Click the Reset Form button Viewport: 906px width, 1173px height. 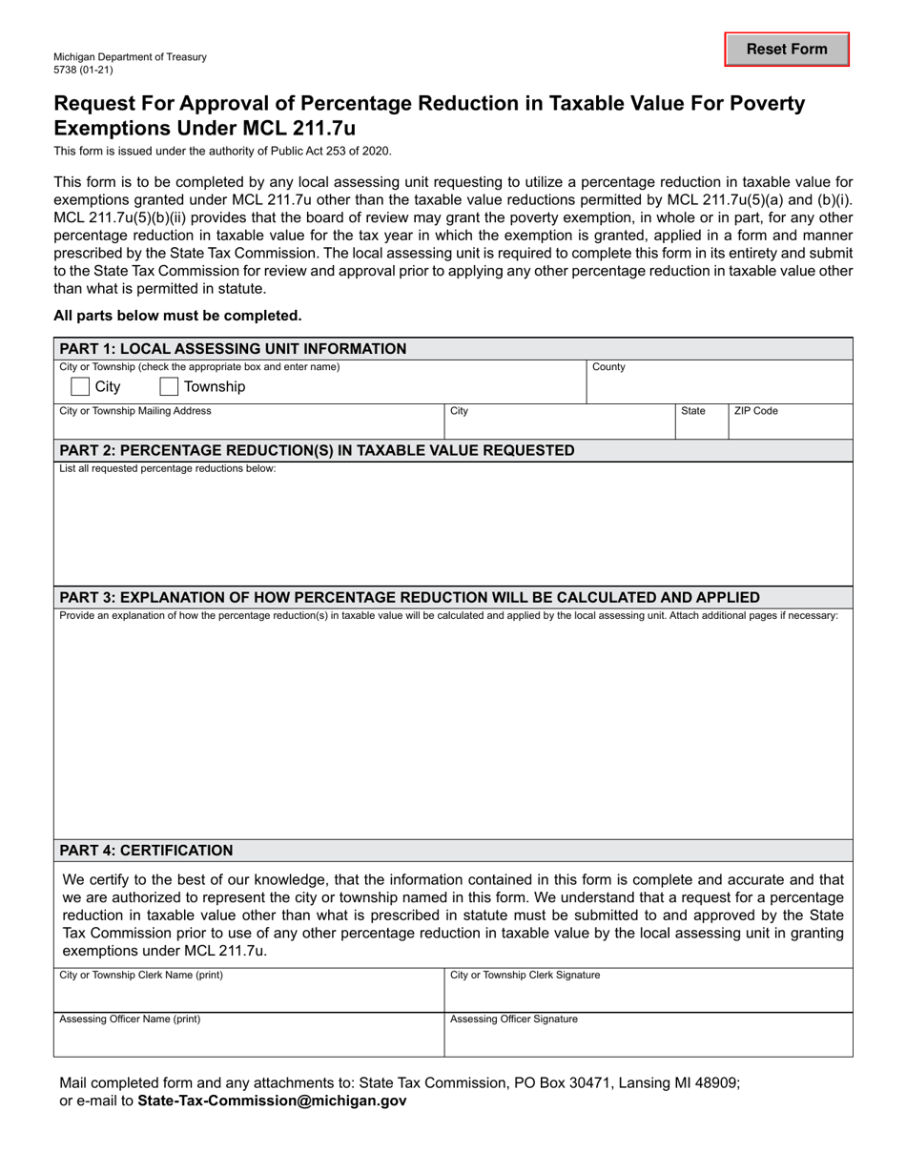[x=787, y=50]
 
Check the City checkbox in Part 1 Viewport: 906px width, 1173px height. [x=81, y=386]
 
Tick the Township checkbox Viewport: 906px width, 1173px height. [x=169, y=386]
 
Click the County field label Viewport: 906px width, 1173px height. [x=608, y=366]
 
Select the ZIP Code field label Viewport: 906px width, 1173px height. [x=755, y=411]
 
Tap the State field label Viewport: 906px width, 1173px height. [x=692, y=411]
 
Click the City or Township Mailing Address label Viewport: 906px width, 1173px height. [x=135, y=411]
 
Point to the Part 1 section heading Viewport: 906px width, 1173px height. [x=233, y=348]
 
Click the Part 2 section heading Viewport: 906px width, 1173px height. [x=317, y=450]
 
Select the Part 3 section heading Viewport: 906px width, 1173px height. [x=409, y=598]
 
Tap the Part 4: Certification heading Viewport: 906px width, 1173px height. [x=146, y=850]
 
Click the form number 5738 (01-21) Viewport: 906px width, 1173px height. [x=86, y=70]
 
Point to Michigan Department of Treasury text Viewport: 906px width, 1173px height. [x=130, y=57]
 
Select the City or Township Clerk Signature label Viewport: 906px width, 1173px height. [x=525, y=975]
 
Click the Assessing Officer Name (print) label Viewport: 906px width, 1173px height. [x=130, y=1019]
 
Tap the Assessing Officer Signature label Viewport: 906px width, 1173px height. [x=513, y=1019]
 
